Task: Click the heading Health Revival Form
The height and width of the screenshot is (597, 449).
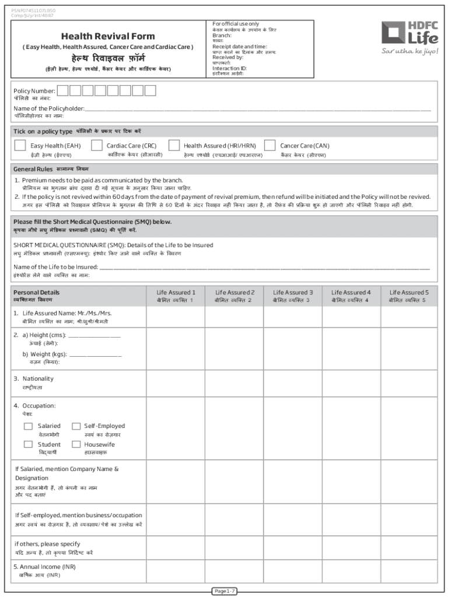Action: pos(108,36)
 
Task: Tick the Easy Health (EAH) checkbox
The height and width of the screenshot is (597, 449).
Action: pos(20,145)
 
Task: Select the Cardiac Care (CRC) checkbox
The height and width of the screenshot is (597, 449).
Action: pos(97,145)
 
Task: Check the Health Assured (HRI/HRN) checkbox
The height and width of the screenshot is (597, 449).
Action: pos(174,145)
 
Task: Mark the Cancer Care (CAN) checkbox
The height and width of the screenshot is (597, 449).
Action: pos(270,145)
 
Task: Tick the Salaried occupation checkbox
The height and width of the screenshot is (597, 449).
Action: pos(28,426)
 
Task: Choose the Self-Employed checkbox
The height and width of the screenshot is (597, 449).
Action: pos(76,426)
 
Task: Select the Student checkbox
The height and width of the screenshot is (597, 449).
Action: pos(28,444)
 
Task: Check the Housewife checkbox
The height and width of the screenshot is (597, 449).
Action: pos(76,444)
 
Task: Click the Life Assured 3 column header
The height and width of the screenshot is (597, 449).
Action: pos(293,293)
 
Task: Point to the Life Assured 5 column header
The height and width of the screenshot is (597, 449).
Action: pos(409,293)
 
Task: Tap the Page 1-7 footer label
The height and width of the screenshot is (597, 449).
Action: pos(224,591)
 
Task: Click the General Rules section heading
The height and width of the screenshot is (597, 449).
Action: pos(33,168)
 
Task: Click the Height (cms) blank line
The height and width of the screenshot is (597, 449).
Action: pos(94,336)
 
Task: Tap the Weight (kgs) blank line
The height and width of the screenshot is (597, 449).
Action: pos(95,354)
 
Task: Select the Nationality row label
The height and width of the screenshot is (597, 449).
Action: pos(37,379)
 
